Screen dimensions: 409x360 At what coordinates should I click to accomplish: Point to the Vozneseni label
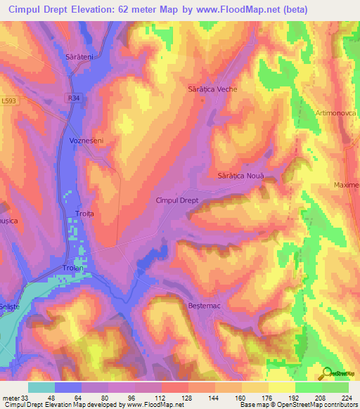[87, 141]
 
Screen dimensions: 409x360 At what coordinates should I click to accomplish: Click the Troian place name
[74, 268]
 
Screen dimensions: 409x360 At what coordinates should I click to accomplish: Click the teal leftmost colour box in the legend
[41, 387]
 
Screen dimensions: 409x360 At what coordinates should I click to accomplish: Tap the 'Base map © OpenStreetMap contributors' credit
[297, 405]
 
